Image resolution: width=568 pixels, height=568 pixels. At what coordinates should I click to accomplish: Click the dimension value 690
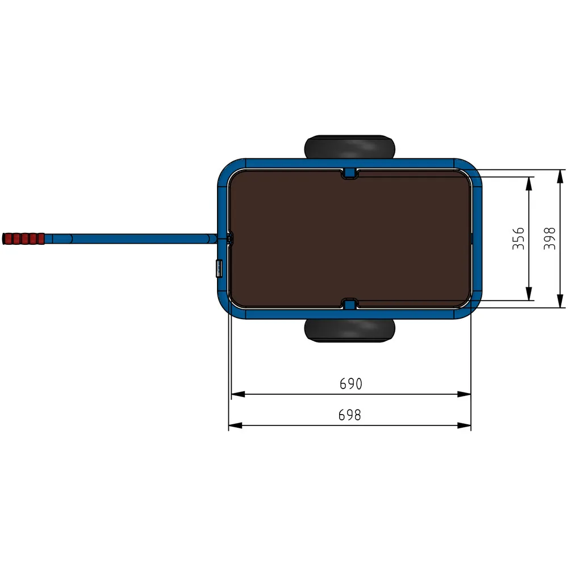(x=350, y=384)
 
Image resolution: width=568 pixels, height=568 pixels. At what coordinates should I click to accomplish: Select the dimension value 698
(x=350, y=415)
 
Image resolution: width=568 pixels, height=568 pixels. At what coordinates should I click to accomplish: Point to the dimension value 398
(x=549, y=239)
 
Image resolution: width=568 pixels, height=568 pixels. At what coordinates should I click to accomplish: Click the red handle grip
(x=23, y=239)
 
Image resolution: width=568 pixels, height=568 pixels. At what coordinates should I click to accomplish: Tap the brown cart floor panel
(x=350, y=239)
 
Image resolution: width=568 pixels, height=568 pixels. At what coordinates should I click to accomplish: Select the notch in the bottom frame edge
(x=350, y=305)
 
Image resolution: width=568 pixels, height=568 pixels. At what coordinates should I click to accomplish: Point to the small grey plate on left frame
(x=218, y=268)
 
